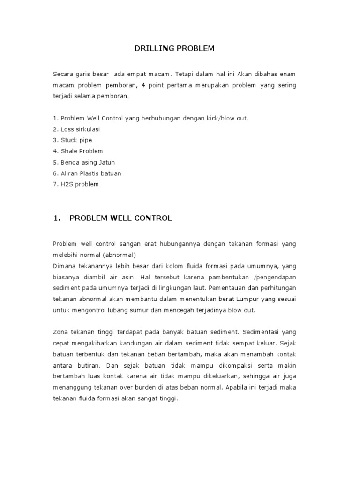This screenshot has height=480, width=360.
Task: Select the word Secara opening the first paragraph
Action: point(64,74)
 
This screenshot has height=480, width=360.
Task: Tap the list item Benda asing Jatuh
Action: point(84,162)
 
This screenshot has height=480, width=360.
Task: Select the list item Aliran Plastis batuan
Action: point(87,173)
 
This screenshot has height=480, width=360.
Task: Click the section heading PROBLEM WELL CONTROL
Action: point(120,218)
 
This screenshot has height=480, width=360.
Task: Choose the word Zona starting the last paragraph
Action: point(60,332)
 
